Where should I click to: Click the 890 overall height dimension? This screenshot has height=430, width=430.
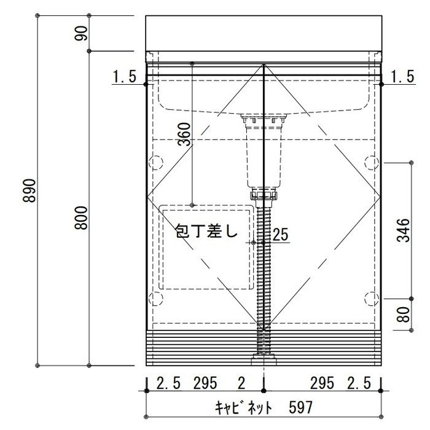(x=29, y=190)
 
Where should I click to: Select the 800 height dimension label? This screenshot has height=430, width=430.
(x=81, y=218)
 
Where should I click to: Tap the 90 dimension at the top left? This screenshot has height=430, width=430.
(x=81, y=33)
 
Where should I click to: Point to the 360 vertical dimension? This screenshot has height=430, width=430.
(x=184, y=134)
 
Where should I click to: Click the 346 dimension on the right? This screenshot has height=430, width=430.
(x=403, y=230)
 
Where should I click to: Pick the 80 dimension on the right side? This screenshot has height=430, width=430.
(x=403, y=315)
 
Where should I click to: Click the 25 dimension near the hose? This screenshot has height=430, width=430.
(x=281, y=235)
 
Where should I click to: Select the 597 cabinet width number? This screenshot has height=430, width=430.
(x=300, y=407)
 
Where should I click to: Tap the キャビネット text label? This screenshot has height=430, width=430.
(x=243, y=407)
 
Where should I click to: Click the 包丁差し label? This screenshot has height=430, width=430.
(x=206, y=230)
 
